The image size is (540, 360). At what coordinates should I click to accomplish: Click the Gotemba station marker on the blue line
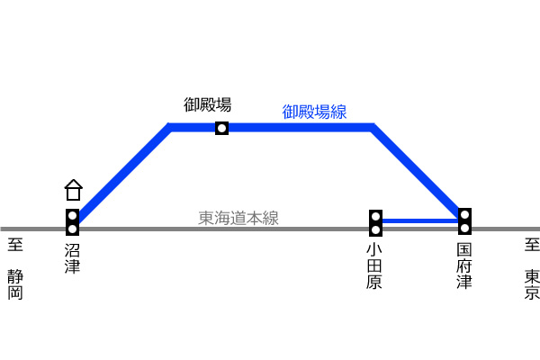click(221, 128)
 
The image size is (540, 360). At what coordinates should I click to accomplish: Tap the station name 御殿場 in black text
click(207, 104)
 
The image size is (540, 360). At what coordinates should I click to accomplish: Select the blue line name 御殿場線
click(314, 112)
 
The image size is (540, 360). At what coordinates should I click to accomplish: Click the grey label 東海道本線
click(238, 218)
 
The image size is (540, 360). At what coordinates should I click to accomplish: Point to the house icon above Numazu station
click(74, 190)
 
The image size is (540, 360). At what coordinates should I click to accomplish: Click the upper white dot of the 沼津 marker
click(72, 216)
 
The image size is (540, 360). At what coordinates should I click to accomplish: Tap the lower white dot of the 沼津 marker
click(72, 229)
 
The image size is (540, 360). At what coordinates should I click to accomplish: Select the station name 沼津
click(72, 258)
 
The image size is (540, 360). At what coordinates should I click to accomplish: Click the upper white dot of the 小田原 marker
click(375, 217)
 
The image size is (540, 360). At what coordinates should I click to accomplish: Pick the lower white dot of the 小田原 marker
click(375, 229)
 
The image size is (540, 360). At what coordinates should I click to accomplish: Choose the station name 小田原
click(374, 266)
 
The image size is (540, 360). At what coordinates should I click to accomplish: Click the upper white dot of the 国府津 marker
click(464, 215)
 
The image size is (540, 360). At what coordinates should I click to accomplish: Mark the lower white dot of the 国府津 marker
click(464, 228)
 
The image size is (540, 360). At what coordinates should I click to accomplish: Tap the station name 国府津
click(464, 266)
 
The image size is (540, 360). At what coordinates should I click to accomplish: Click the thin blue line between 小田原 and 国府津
click(420, 220)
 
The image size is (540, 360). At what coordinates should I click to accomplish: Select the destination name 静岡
click(15, 284)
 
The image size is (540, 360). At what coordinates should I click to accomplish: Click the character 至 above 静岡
click(15, 245)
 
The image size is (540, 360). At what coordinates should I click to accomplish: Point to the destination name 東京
click(532, 284)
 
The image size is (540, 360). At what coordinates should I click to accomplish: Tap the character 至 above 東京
click(533, 245)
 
